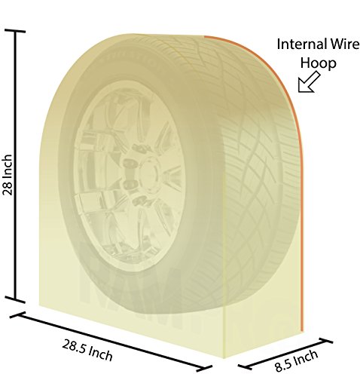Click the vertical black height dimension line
click(16, 166)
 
